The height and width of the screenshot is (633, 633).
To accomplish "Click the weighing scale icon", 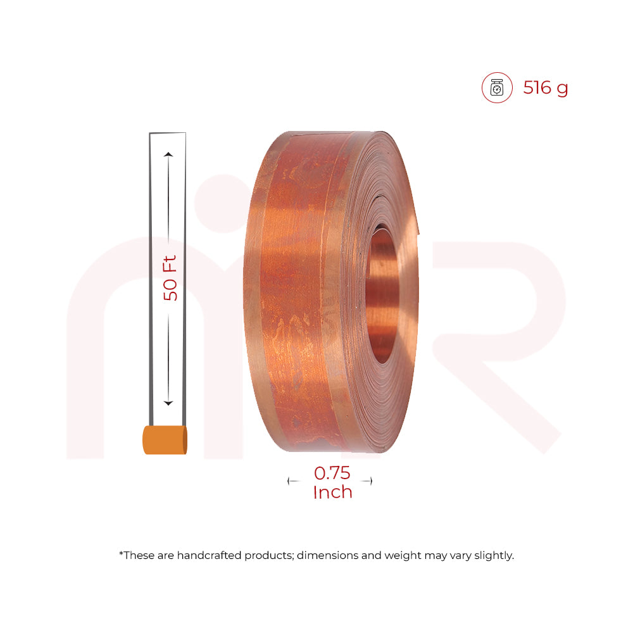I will pos(497,88).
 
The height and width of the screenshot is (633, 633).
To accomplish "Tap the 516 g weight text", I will pos(546,88).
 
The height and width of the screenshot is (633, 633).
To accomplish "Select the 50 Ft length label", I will pos(170,277).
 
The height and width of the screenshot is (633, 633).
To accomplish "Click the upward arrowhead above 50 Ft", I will pos(168,154).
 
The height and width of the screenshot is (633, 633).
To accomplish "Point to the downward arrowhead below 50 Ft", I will pos(168,403).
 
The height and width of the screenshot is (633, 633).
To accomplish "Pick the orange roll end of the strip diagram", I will pos(165,440).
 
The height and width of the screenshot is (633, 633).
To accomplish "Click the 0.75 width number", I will pos(332,473).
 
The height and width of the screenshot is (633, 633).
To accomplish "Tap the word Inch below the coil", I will pos(332,492).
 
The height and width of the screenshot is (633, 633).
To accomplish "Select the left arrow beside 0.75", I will pos(293,481).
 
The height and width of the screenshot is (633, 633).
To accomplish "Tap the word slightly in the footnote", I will pos(494,556).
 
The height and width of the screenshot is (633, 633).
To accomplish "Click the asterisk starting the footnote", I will pos(121,554).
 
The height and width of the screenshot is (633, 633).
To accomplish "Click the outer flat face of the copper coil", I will pos(298,291).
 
